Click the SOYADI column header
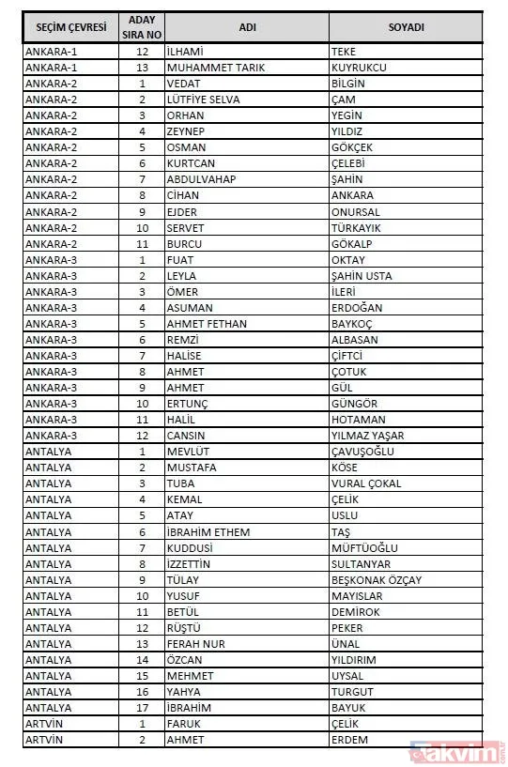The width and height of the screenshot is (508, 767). (406, 27)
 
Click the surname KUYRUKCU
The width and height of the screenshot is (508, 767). (359, 68)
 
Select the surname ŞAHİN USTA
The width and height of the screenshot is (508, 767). (362, 276)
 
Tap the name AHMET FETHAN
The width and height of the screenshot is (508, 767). (207, 324)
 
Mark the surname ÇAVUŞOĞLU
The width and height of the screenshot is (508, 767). (362, 452)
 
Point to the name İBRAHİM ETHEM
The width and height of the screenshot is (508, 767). (208, 531)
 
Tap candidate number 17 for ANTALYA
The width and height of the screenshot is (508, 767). (143, 708)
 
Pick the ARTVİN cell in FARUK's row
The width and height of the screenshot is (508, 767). (48, 724)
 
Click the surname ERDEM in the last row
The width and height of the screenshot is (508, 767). (349, 740)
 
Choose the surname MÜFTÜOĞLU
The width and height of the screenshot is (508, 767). (365, 547)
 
